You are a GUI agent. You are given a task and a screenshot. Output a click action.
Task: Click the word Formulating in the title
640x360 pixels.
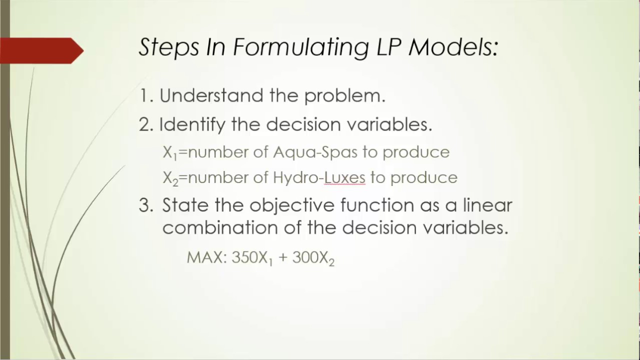click(x=301, y=47)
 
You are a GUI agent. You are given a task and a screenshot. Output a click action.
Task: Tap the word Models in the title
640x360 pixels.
click(x=453, y=47)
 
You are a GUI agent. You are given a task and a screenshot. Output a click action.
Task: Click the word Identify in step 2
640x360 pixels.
click(x=192, y=124)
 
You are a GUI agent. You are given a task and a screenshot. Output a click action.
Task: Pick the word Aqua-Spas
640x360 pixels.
click(x=315, y=152)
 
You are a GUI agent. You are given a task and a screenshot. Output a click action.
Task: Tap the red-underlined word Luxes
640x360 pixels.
click(x=344, y=177)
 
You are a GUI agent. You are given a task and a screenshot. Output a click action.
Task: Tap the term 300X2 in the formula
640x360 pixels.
click(x=313, y=258)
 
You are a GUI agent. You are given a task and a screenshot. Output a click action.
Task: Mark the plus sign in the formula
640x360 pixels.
click(x=282, y=258)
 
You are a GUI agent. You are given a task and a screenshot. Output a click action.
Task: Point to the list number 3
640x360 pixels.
click(x=145, y=205)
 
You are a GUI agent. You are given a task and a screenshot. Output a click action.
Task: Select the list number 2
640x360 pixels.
click(x=145, y=125)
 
